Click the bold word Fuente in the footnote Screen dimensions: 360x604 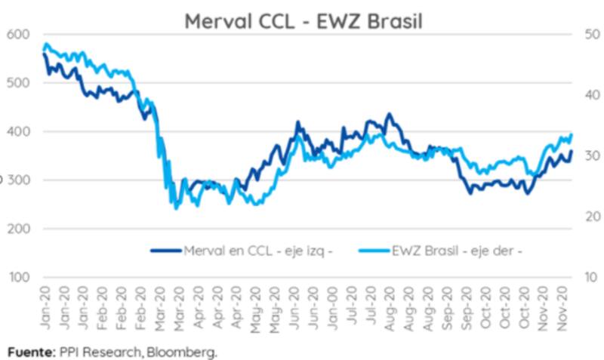27,352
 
